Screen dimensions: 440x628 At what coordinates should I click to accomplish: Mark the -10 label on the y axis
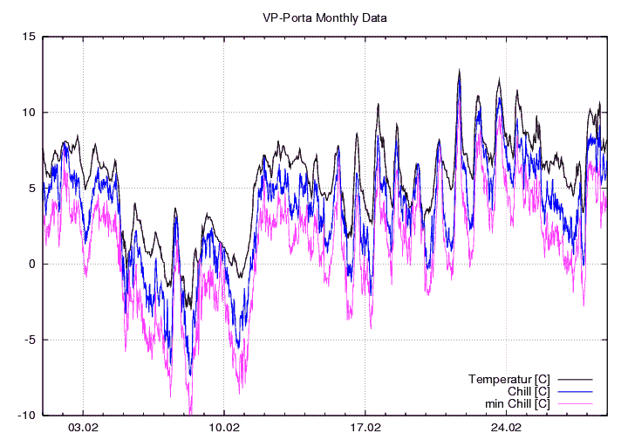click(27, 416)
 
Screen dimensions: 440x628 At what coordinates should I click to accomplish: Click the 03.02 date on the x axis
click(83, 429)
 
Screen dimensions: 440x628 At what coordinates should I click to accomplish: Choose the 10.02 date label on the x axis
click(224, 429)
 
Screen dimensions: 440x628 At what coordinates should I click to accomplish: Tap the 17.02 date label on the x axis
click(365, 429)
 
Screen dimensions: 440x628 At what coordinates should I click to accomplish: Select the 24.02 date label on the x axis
click(506, 429)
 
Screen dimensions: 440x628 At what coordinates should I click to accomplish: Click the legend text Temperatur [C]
click(509, 379)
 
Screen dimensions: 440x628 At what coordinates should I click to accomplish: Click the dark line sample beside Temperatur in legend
click(575, 379)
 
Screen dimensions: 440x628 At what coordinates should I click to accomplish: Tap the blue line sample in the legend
click(575, 391)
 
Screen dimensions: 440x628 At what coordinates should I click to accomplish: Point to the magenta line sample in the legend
click(575, 403)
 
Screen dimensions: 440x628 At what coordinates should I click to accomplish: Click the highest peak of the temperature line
click(459, 70)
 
